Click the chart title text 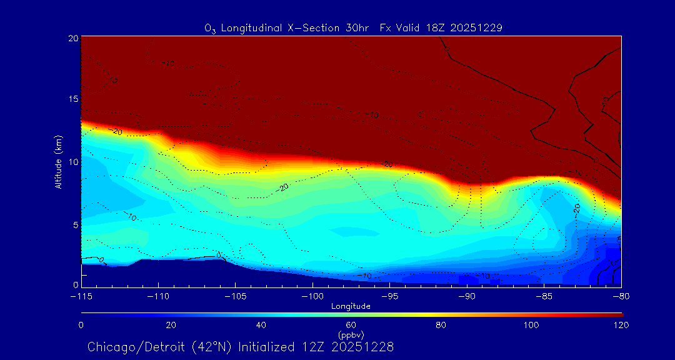coord(354,27)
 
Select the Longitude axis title coord(351,306)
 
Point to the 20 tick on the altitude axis coord(73,38)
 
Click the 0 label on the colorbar coord(81,325)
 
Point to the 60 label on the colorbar coord(351,325)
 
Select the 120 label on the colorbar coord(621,325)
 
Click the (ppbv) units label coord(351,334)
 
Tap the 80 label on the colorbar coord(441,325)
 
